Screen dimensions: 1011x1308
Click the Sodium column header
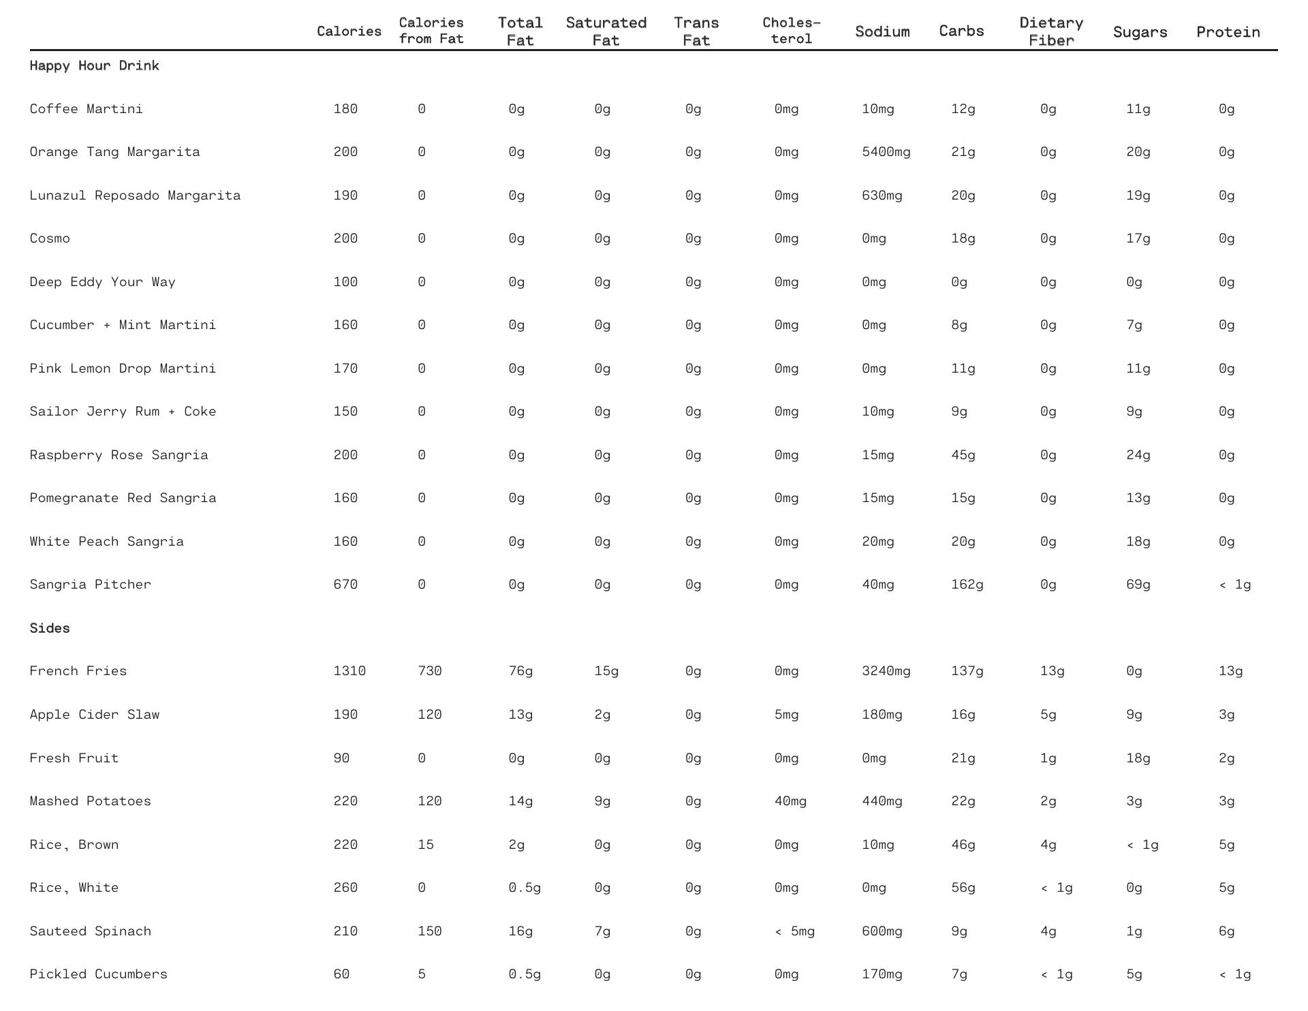coord(882,32)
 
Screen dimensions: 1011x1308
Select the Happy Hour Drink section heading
coord(94,66)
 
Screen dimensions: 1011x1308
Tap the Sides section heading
coord(50,628)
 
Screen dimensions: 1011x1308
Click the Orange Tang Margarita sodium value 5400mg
coord(886,152)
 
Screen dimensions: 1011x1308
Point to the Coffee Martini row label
coord(86,109)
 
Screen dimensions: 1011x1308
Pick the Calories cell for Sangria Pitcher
coord(345,585)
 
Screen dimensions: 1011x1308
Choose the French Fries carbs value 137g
coord(967,671)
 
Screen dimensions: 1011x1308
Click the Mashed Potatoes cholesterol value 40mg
coord(790,801)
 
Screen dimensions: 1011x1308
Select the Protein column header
coord(1228,32)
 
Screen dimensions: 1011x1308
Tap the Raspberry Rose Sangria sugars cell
coord(1138,455)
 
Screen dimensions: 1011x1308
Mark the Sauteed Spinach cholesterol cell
coord(794,931)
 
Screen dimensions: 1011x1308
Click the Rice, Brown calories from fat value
coord(425,845)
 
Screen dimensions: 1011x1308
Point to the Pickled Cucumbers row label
coord(98,974)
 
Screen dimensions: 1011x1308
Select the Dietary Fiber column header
coord(1051,32)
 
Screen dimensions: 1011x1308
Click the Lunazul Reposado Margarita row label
coord(135,196)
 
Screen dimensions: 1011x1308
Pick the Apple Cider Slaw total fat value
coord(520,715)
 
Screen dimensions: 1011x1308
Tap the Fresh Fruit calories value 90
coord(341,758)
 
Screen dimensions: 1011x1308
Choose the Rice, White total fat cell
coord(525,888)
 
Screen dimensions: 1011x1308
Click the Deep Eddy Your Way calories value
coord(345,282)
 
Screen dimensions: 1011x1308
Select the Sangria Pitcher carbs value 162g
coord(967,585)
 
